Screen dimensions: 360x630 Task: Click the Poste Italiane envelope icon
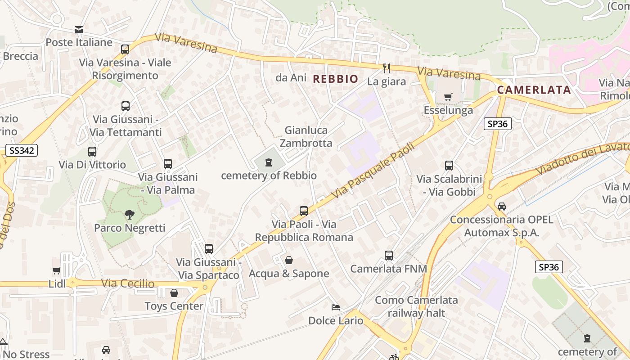[79, 30]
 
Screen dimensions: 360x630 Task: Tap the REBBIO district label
[336, 79]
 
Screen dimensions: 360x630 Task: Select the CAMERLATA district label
[534, 90]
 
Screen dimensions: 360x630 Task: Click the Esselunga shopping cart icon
[448, 97]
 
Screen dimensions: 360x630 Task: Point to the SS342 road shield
[22, 150]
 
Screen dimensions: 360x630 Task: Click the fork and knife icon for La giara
[386, 68]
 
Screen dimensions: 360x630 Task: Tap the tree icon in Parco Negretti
[130, 215]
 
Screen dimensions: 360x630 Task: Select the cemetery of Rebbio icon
[269, 162]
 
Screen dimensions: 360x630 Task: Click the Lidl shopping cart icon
[56, 271]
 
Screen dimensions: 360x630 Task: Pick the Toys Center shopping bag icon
[174, 293]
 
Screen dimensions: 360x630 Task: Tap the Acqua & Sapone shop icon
[289, 260]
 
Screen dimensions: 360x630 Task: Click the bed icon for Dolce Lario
[335, 307]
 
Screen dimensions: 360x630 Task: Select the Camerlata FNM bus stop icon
[389, 256]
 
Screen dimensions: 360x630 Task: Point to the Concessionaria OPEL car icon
[502, 207]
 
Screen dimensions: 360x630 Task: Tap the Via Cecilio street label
[128, 284]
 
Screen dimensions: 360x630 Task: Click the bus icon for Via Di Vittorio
[92, 152]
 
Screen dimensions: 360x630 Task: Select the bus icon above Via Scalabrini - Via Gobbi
[449, 166]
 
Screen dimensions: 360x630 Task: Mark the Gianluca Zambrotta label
[306, 137]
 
